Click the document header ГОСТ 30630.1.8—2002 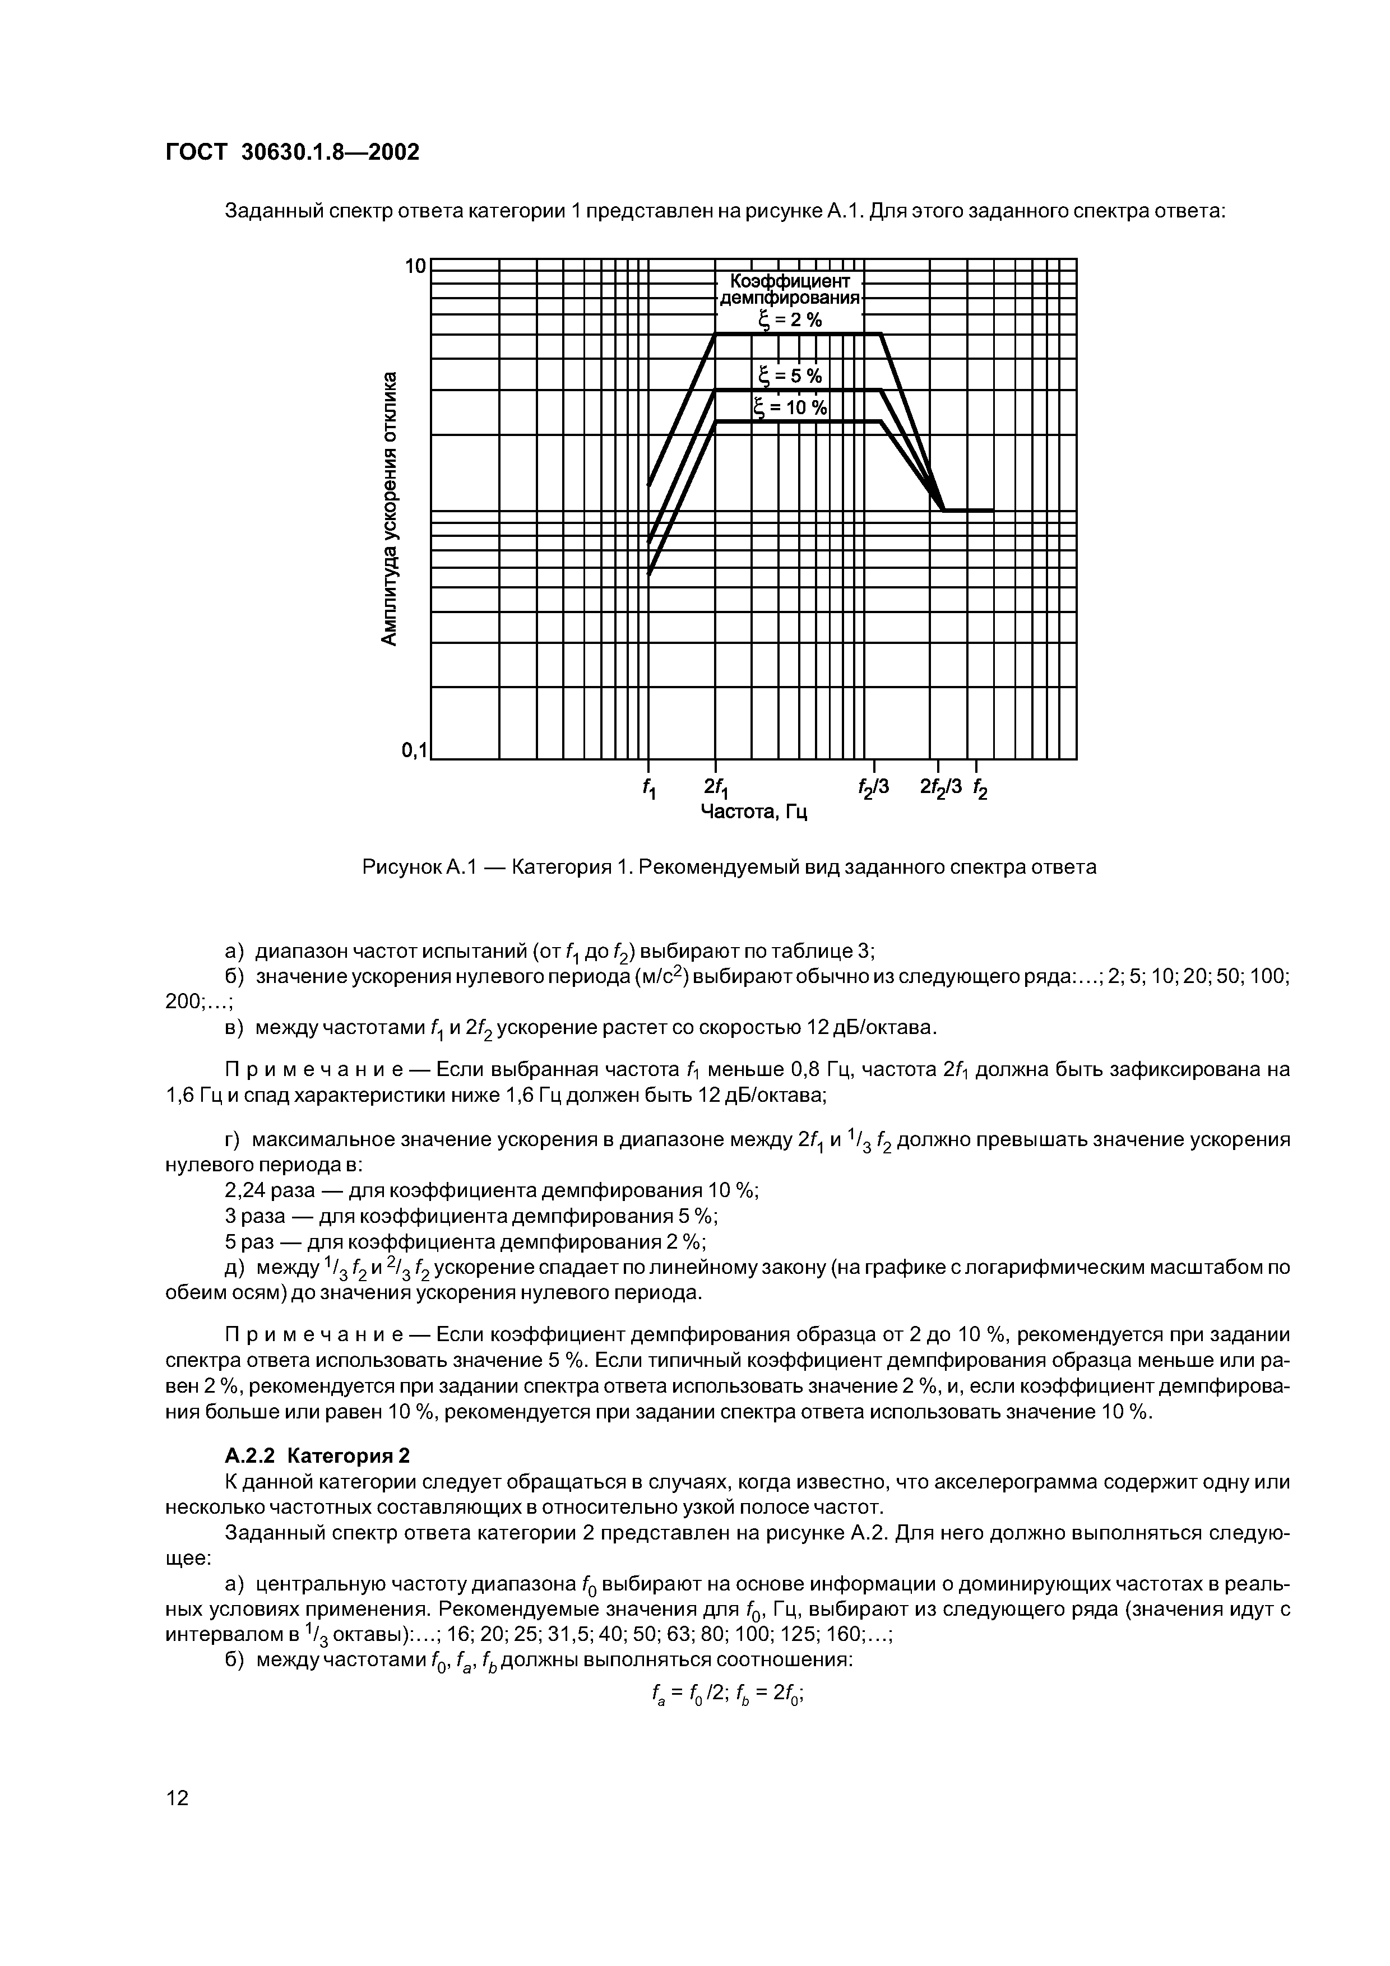[x=292, y=152]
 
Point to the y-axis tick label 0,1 [x=413, y=751]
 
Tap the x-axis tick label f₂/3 [x=874, y=786]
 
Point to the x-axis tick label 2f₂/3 [x=940, y=786]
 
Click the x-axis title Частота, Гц [x=754, y=811]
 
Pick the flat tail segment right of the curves [x=969, y=511]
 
